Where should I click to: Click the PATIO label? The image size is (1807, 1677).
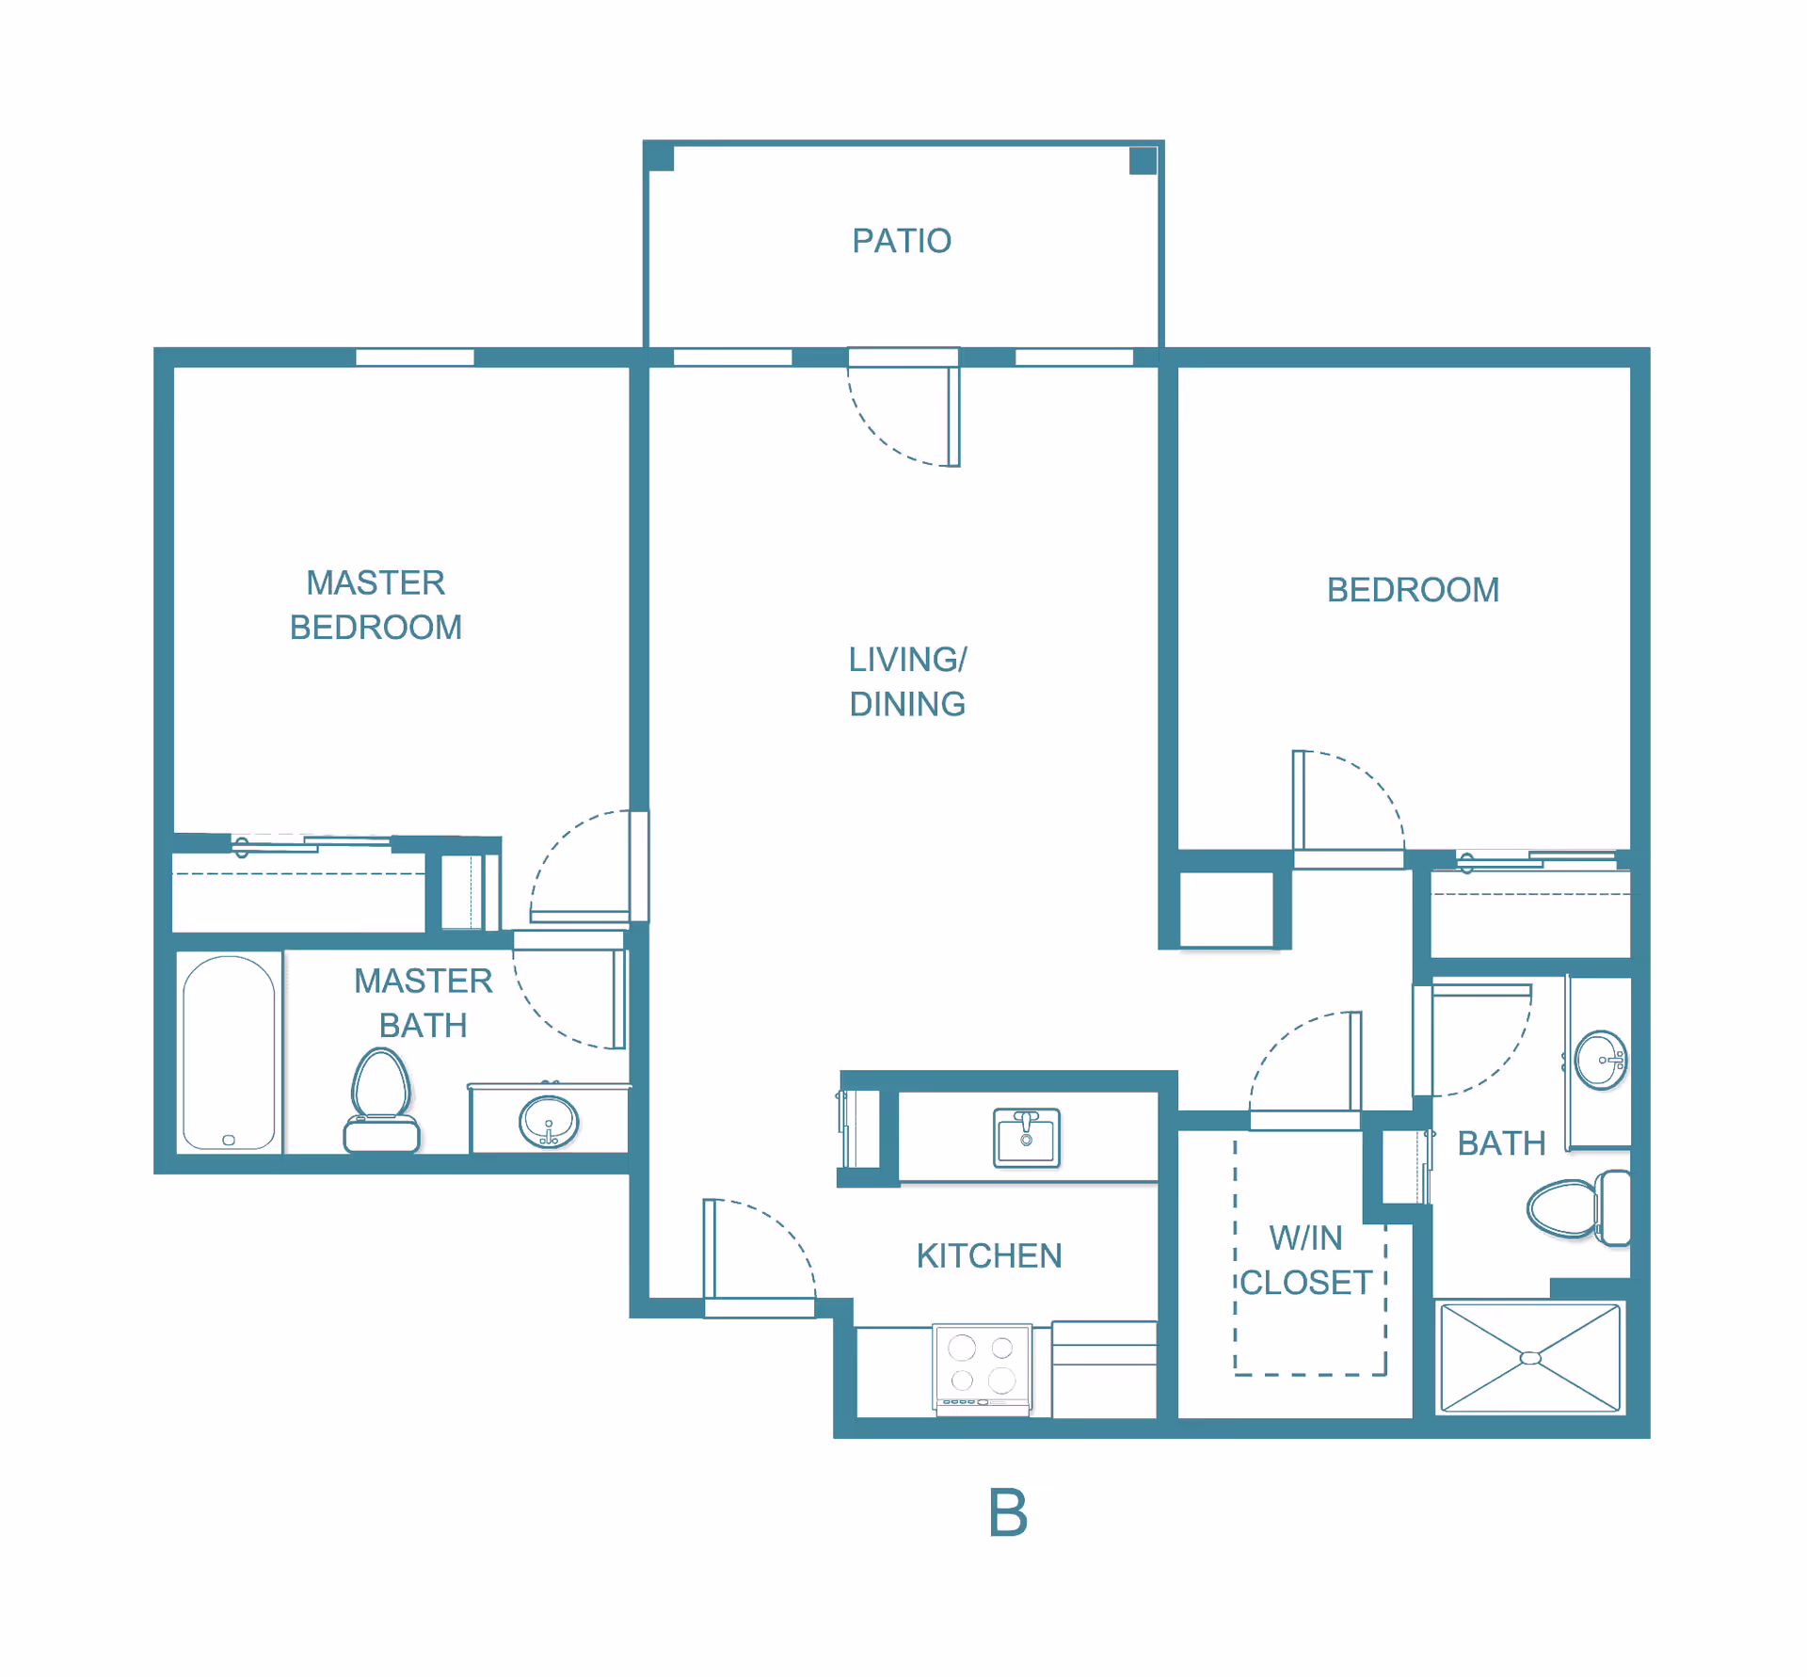[902, 241]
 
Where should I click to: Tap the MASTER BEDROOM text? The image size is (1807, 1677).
[376, 605]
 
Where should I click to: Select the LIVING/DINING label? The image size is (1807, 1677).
[907, 681]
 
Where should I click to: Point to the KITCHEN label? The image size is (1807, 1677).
[989, 1255]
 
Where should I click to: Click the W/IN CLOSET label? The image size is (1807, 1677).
[1306, 1260]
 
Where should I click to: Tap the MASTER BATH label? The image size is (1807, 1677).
[423, 1003]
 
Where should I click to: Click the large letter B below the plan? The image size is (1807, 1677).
[1008, 1512]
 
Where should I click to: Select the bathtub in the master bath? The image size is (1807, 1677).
[229, 1052]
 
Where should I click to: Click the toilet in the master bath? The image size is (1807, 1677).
[381, 1101]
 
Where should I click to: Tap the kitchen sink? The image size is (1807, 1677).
[1027, 1138]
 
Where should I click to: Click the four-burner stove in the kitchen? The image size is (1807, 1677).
[983, 1368]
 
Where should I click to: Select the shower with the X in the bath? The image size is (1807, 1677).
[1530, 1358]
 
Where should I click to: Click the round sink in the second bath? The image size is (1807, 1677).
[1601, 1061]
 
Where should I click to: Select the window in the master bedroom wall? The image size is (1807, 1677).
[415, 358]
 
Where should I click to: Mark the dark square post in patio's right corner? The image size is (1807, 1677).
[1143, 160]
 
